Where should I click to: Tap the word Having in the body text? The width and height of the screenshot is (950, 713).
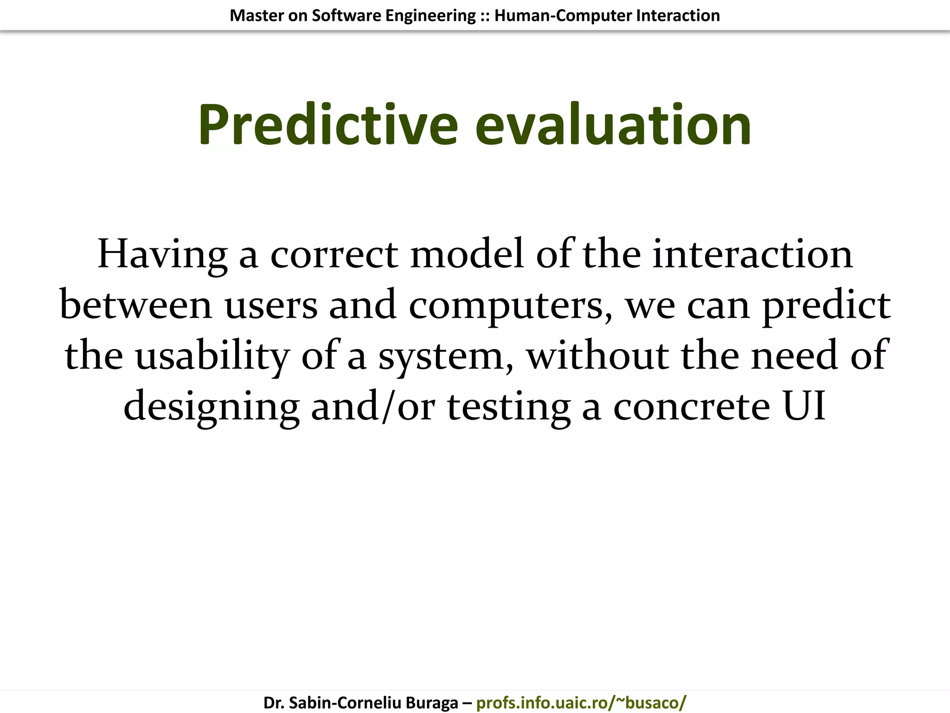(x=162, y=254)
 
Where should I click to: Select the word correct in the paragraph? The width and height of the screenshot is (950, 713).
(x=334, y=254)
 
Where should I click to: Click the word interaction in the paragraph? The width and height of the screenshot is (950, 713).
(x=752, y=254)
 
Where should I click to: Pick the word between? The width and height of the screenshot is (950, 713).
(x=136, y=305)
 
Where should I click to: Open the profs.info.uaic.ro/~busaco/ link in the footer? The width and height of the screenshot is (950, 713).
(x=581, y=703)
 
